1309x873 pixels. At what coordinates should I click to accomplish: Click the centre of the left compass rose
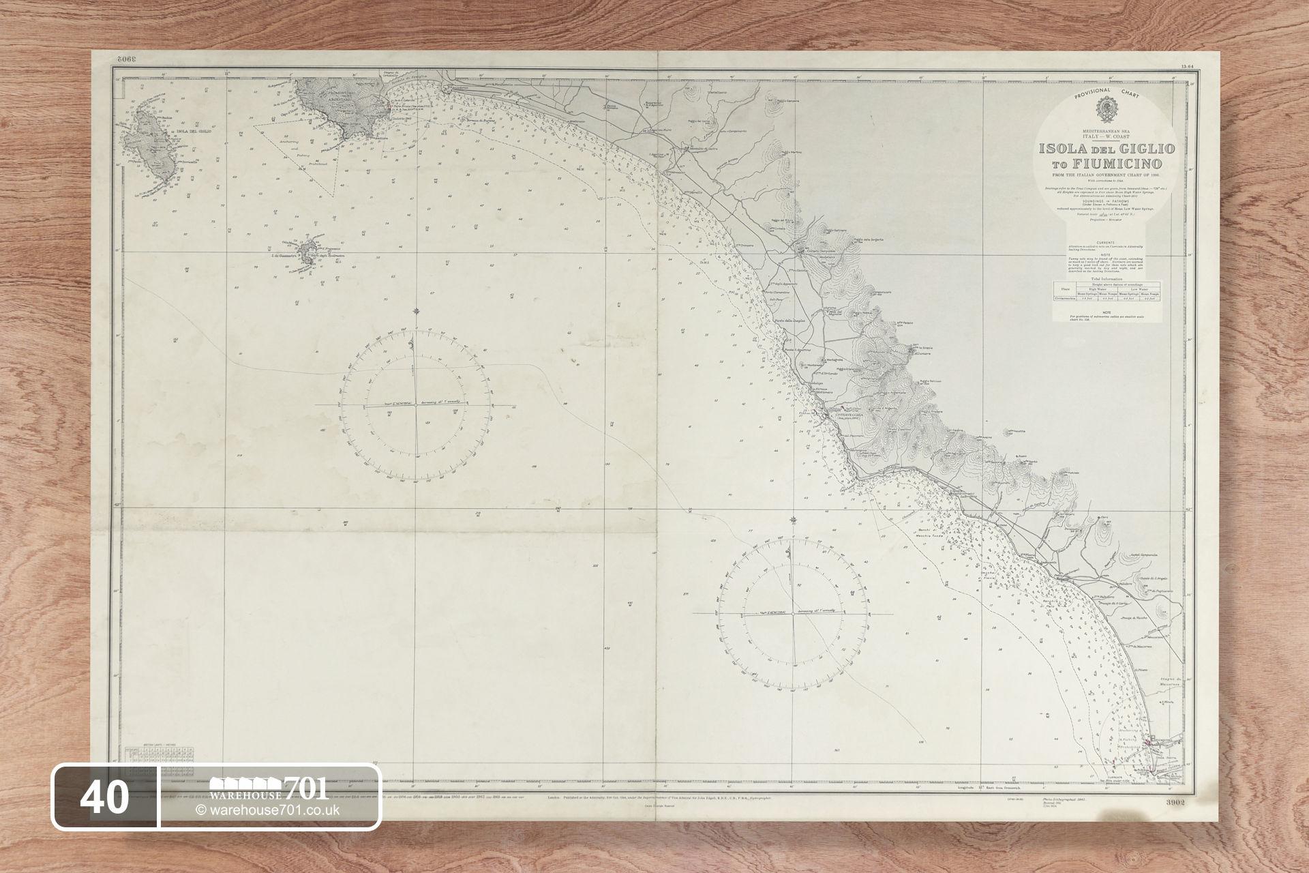click(x=416, y=404)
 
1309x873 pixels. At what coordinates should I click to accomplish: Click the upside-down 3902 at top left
click(x=126, y=60)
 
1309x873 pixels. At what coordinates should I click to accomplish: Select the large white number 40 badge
click(x=105, y=797)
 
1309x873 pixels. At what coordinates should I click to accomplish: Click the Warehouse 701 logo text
click(x=269, y=790)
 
